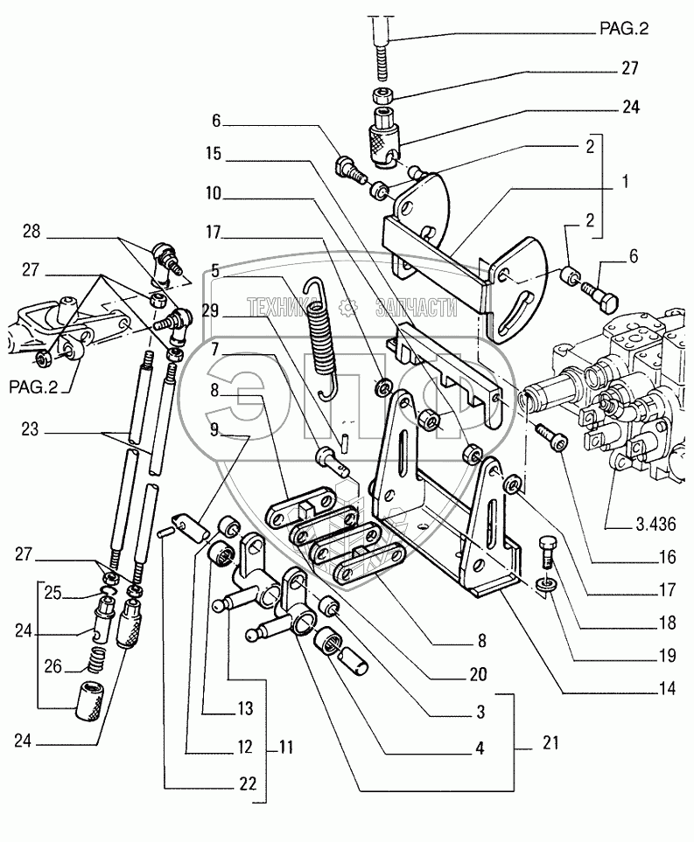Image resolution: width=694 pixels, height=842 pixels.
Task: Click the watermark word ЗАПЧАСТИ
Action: point(414,307)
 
